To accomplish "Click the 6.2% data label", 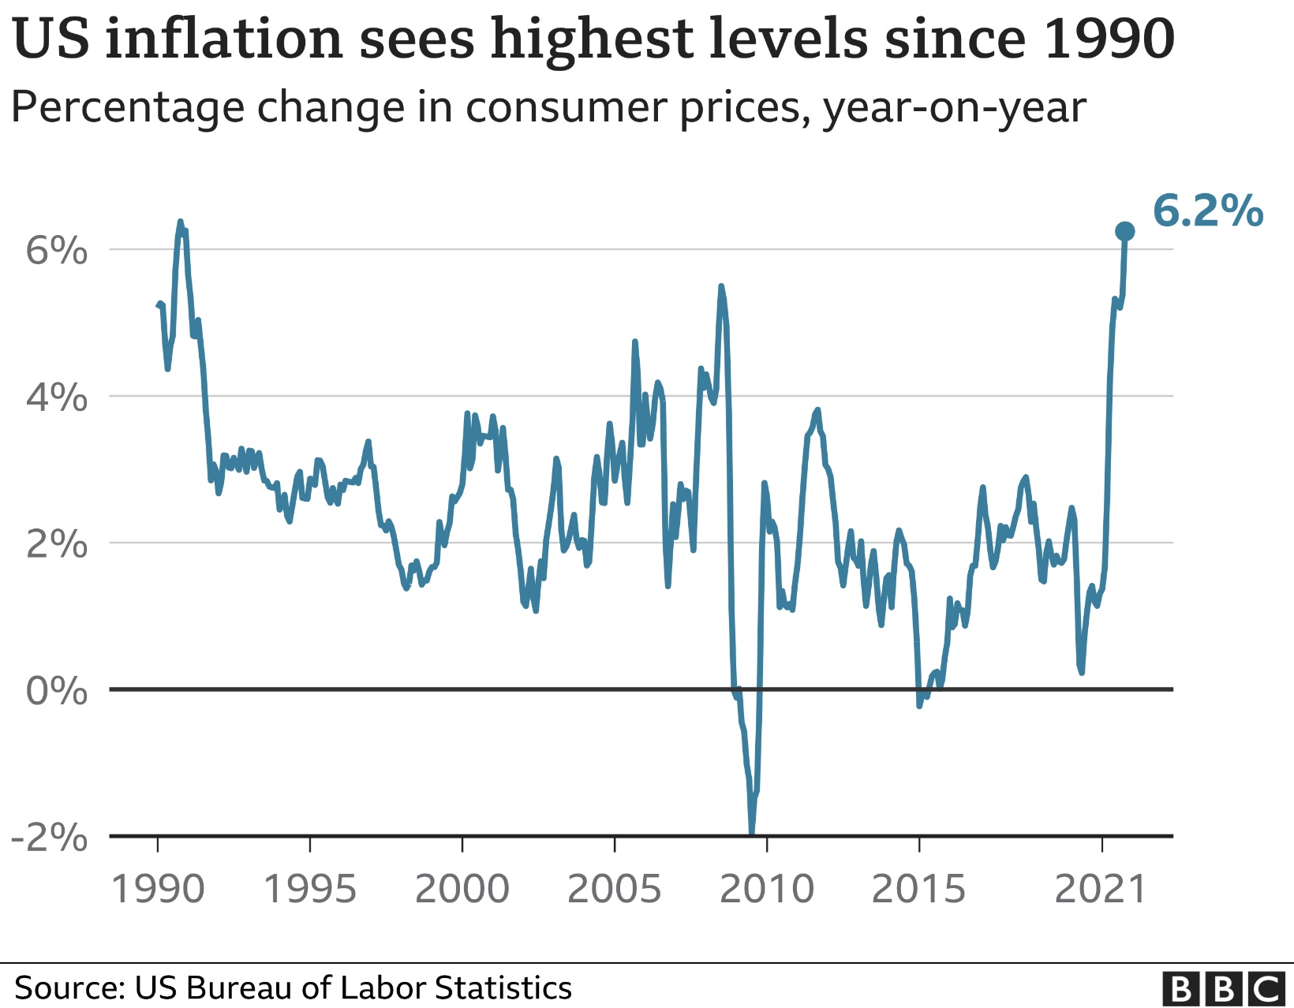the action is pyautogui.click(x=1208, y=211).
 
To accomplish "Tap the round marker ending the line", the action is pyautogui.click(x=1124, y=231).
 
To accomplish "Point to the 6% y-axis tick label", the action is pyautogui.click(x=57, y=250).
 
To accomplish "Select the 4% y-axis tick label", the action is pyautogui.click(x=57, y=397).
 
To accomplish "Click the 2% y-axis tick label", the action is pyautogui.click(x=57, y=544).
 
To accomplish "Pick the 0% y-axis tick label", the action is pyautogui.click(x=57, y=691).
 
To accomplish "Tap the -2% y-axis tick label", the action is pyautogui.click(x=50, y=838).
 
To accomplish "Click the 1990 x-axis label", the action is pyautogui.click(x=158, y=889).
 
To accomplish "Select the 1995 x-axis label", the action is pyautogui.click(x=309, y=889).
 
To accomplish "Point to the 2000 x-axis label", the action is pyautogui.click(x=462, y=889).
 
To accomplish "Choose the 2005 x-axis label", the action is pyautogui.click(x=615, y=889).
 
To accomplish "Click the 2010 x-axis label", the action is pyautogui.click(x=767, y=889).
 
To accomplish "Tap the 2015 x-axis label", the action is pyautogui.click(x=919, y=889).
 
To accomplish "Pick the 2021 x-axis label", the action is pyautogui.click(x=1101, y=889).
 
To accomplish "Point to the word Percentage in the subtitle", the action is pyautogui.click(x=128, y=109).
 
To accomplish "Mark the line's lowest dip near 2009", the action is pyautogui.click(x=751, y=834).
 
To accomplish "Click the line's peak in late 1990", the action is pyautogui.click(x=181, y=222).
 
